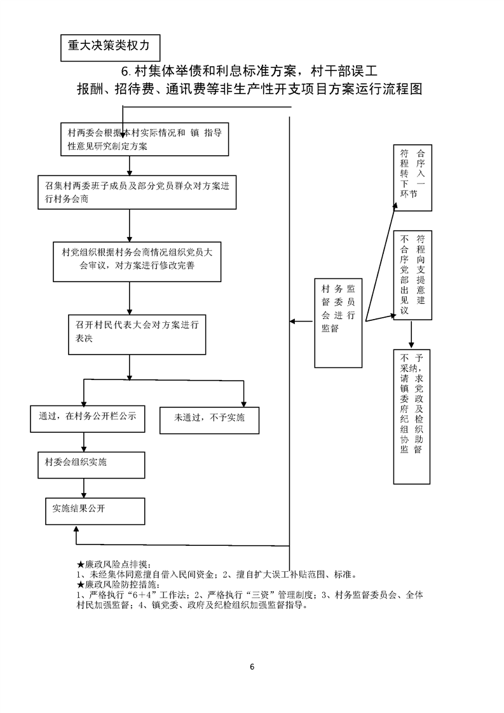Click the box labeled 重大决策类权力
point(109,46)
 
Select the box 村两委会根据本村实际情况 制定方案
point(145,139)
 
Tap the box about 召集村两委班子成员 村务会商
point(137,191)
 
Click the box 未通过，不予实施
point(209,419)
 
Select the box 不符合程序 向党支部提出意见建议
point(412,276)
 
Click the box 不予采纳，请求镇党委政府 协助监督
point(412,416)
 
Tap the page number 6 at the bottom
point(252,667)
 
